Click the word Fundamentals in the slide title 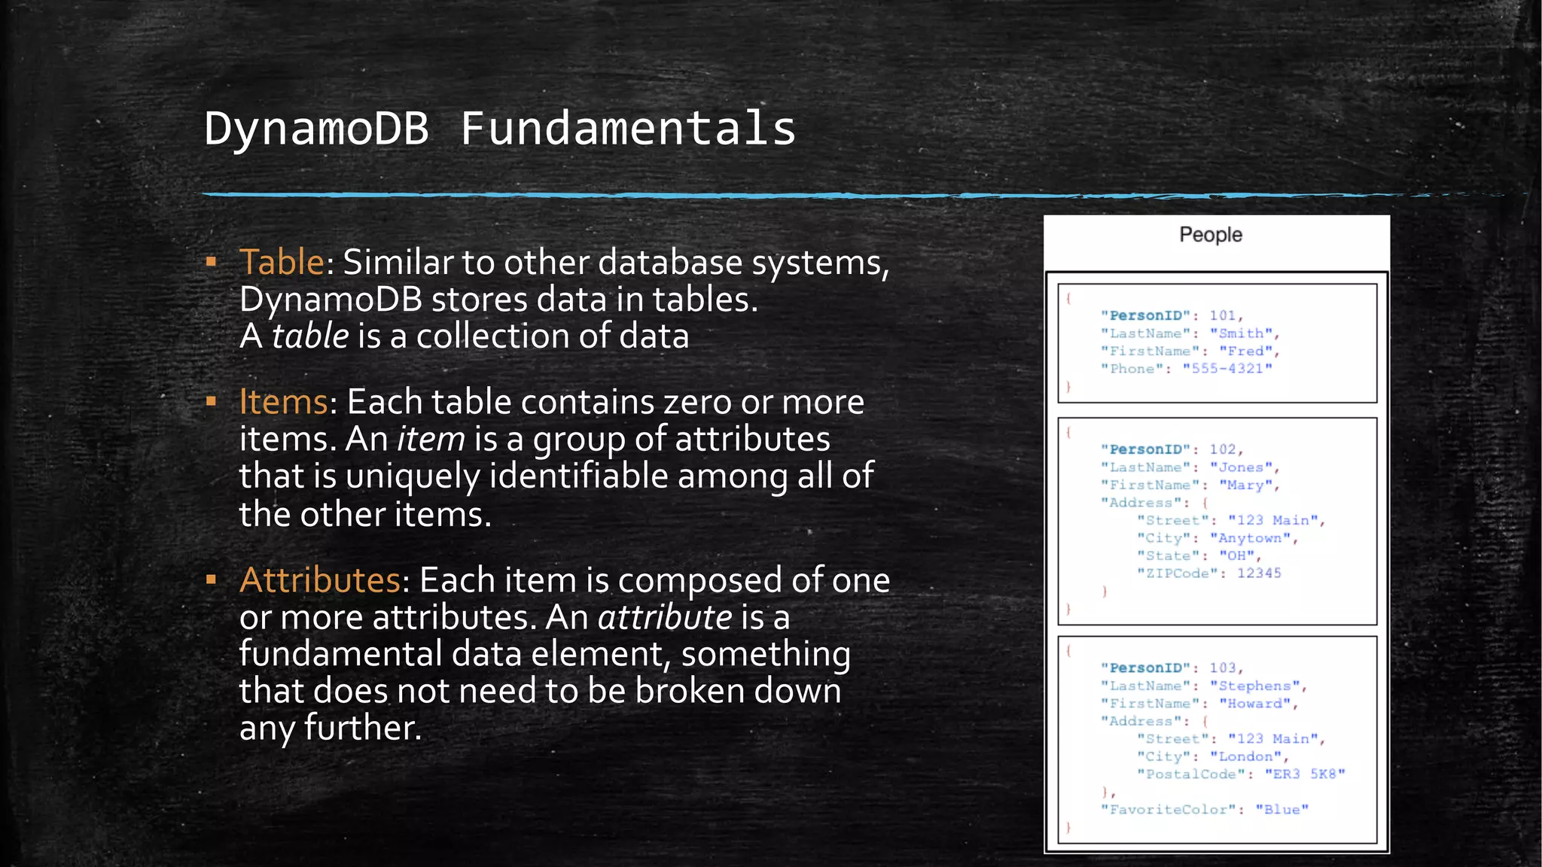click(x=628, y=129)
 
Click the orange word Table click(x=282, y=263)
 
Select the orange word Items click(x=283, y=402)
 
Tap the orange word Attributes click(x=320, y=580)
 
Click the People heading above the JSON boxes click(x=1210, y=235)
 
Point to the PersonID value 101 click(x=1223, y=316)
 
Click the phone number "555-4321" click(x=1227, y=369)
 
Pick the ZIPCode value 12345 click(x=1259, y=573)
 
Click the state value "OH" click(x=1236, y=556)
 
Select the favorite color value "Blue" click(x=1281, y=810)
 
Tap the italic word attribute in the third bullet click(x=664, y=618)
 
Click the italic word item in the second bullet click(x=431, y=440)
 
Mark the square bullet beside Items click(x=212, y=402)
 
